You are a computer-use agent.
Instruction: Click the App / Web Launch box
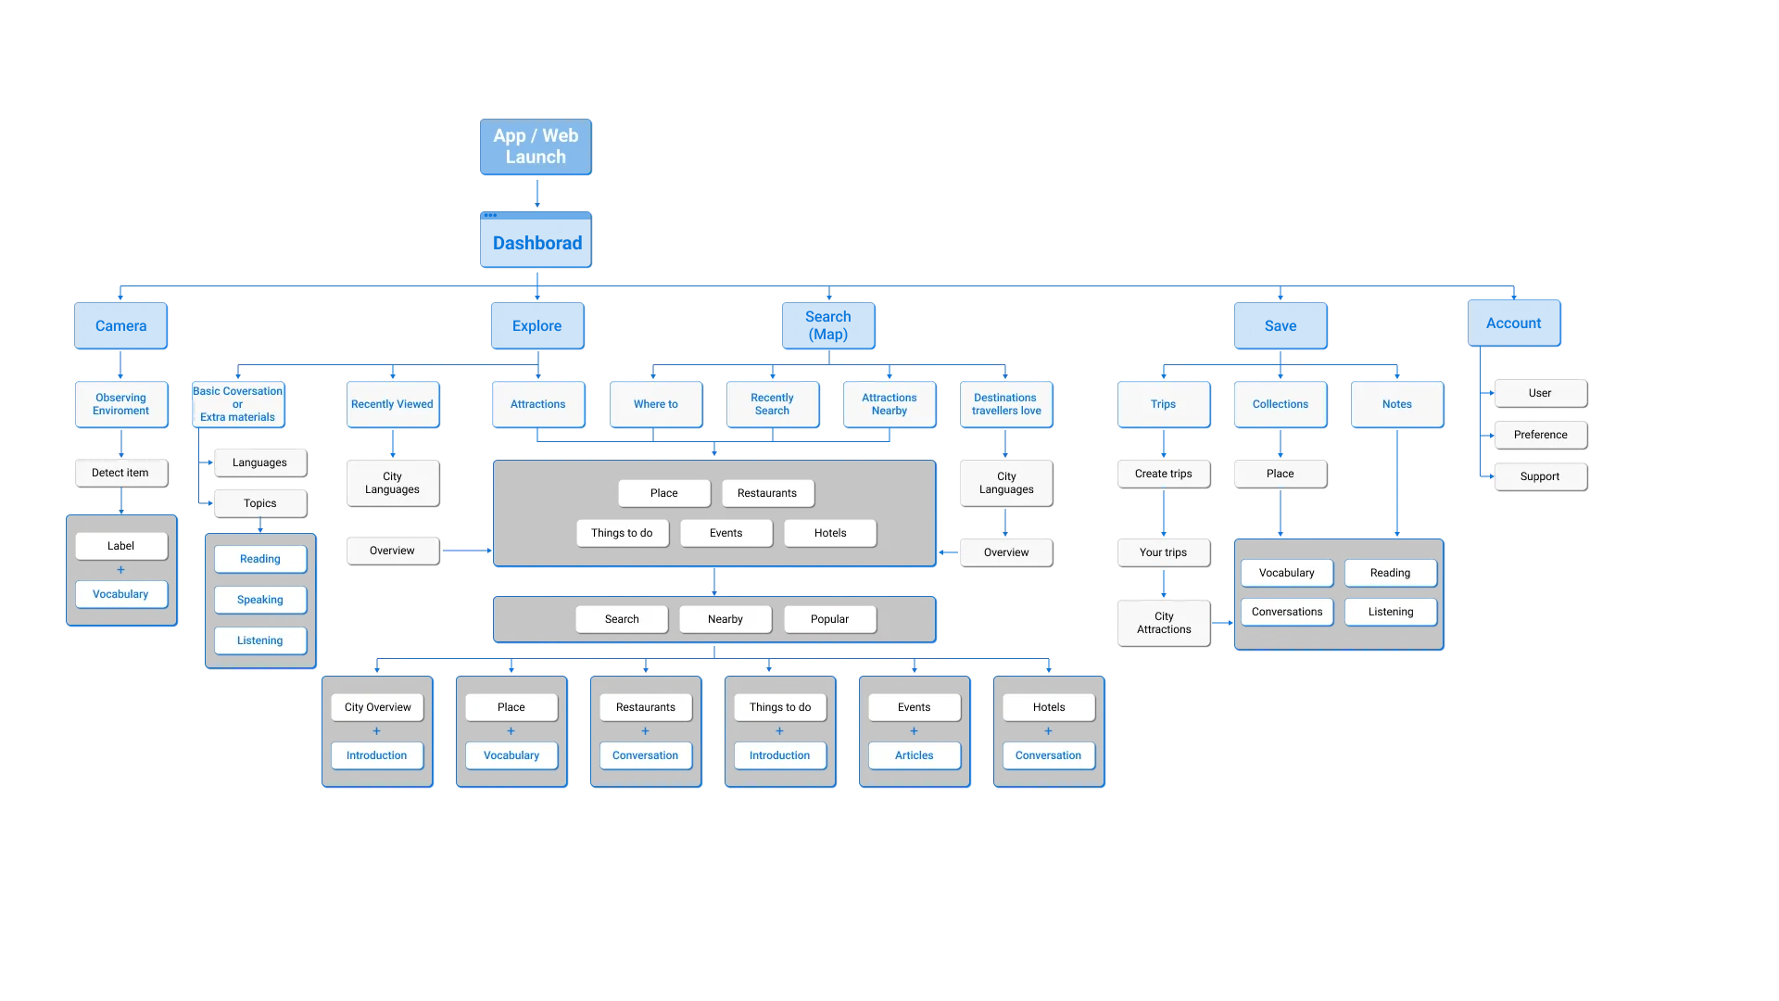pos(536,147)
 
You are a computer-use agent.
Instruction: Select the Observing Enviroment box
pos(121,404)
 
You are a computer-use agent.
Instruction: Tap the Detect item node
pos(120,473)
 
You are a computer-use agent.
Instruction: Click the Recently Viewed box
pos(392,404)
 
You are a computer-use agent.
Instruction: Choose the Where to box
pos(656,404)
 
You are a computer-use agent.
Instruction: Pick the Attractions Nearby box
pos(889,404)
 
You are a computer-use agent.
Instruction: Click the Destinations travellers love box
pos(1006,404)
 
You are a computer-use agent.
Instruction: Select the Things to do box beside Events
pos(622,533)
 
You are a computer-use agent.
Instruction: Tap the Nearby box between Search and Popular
pos(725,619)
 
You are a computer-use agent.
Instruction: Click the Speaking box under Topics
pos(260,600)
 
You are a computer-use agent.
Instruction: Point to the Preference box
pos(1540,435)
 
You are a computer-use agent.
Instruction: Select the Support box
pos(1539,476)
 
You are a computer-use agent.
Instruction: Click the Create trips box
pos(1164,474)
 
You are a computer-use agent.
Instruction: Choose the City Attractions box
pos(1164,623)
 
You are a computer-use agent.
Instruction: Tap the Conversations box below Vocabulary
pos(1287,612)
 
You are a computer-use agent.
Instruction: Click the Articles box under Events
pos(915,755)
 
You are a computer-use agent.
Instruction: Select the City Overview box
pos(377,707)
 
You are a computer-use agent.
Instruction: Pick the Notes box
pos(1396,404)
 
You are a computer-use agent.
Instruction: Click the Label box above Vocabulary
pos(121,546)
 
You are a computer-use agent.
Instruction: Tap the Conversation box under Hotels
pos(1048,755)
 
